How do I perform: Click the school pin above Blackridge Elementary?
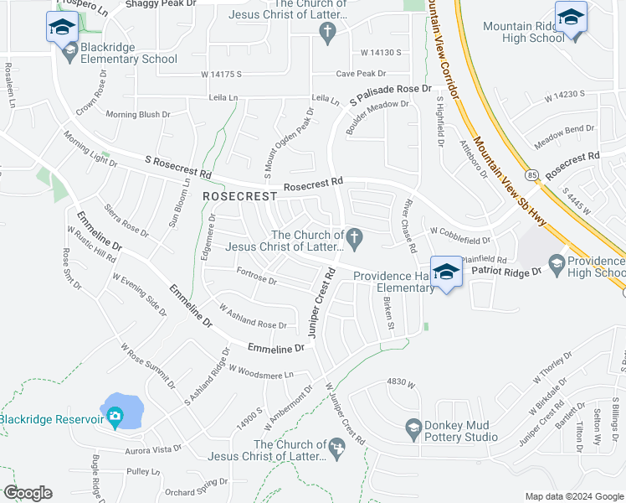coord(62,28)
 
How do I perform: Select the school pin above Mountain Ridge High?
coord(571,17)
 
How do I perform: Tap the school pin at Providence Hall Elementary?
coord(447,272)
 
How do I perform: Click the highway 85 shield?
coord(532,175)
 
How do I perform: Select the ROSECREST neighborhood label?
coord(239,195)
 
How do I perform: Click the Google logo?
coord(28,493)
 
